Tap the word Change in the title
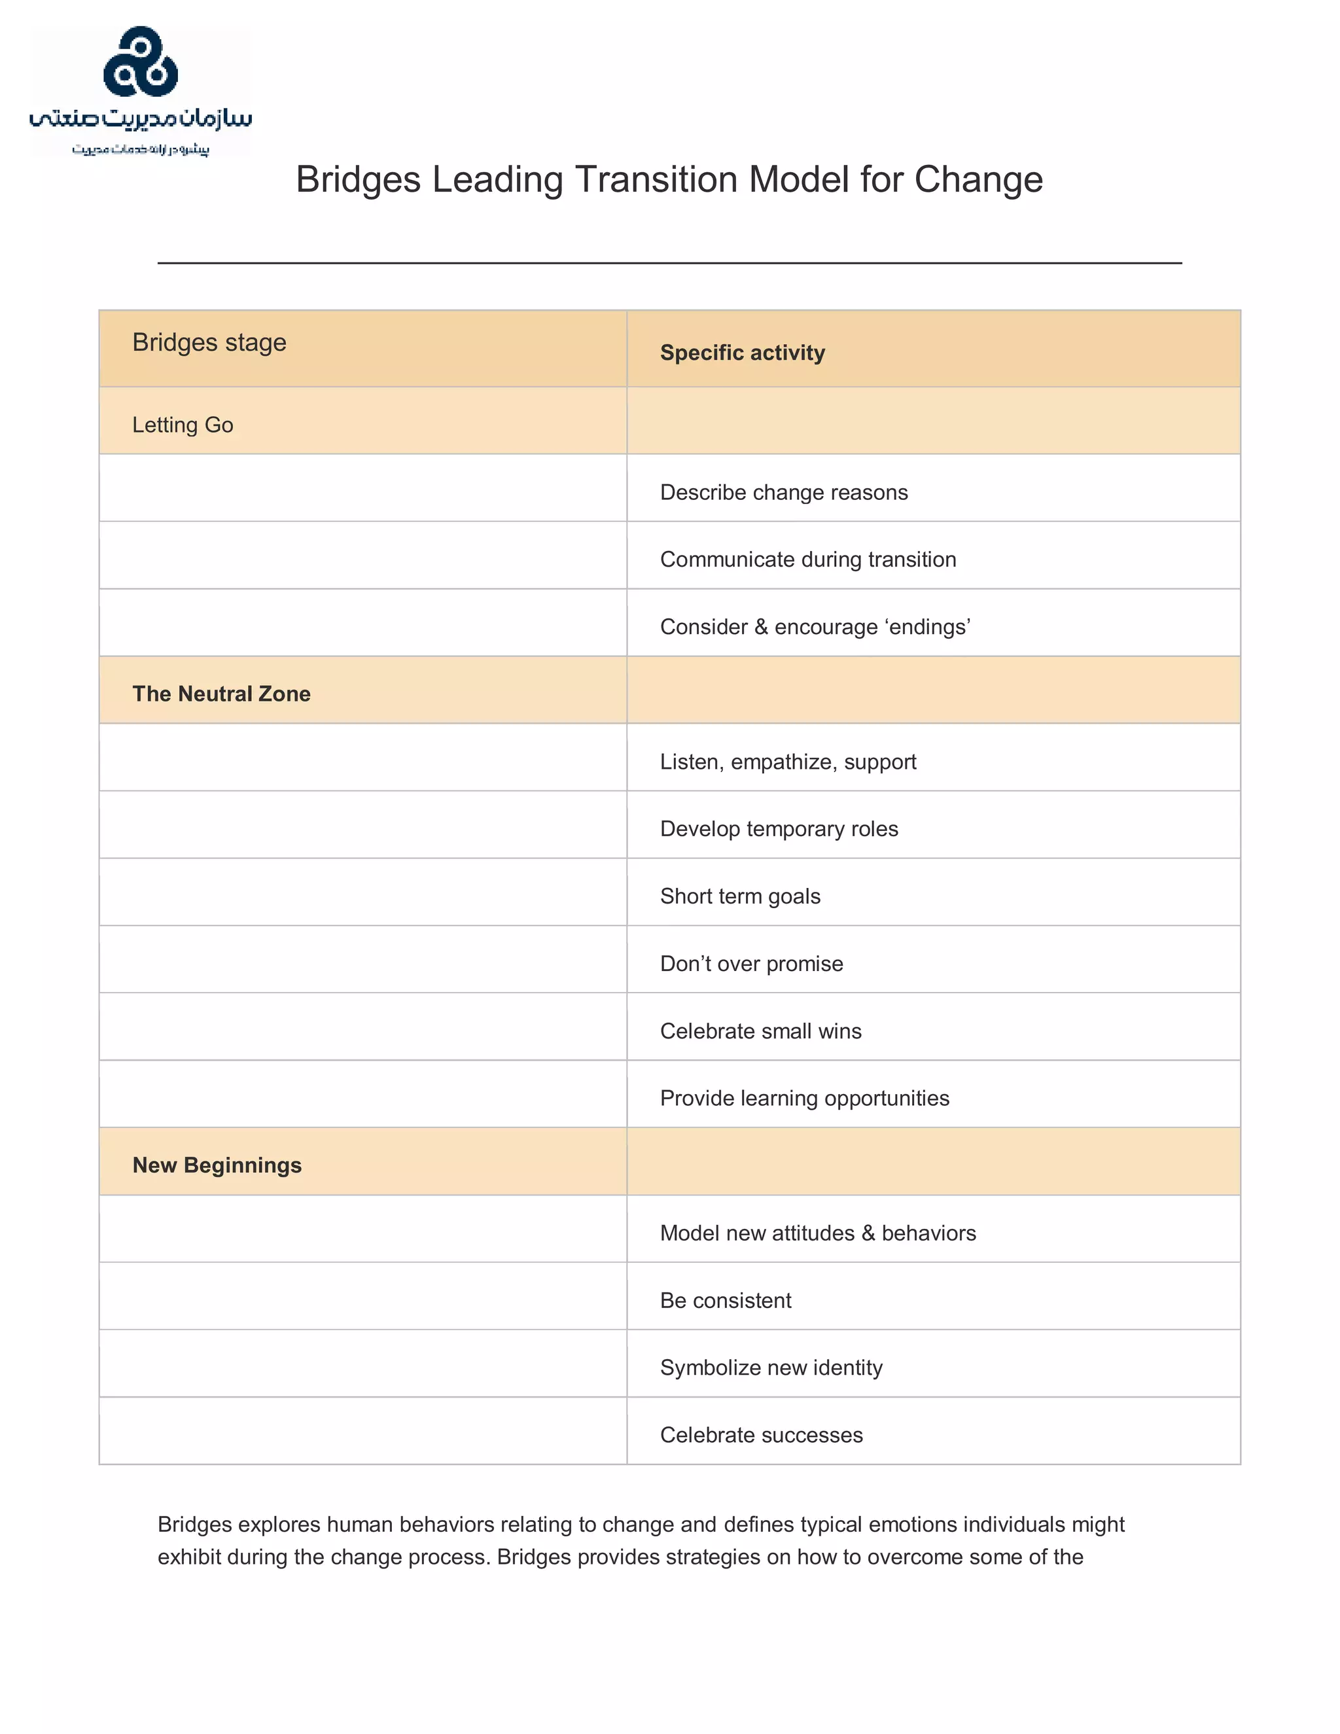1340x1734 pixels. (x=978, y=179)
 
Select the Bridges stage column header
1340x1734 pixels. (x=209, y=342)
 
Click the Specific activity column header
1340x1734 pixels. (x=742, y=353)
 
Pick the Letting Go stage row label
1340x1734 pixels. (x=183, y=425)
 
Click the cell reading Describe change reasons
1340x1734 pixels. (x=783, y=492)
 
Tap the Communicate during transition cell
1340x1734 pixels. (x=807, y=559)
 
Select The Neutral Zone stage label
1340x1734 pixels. (x=220, y=694)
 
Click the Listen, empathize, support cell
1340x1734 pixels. (x=788, y=762)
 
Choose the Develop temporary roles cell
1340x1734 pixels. (x=779, y=829)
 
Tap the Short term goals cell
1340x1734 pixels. (x=740, y=896)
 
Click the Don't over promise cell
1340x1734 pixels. (x=751, y=964)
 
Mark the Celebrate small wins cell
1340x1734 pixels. (x=760, y=1031)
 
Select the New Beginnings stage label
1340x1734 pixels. (x=217, y=1165)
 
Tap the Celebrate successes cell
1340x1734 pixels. (x=760, y=1436)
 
